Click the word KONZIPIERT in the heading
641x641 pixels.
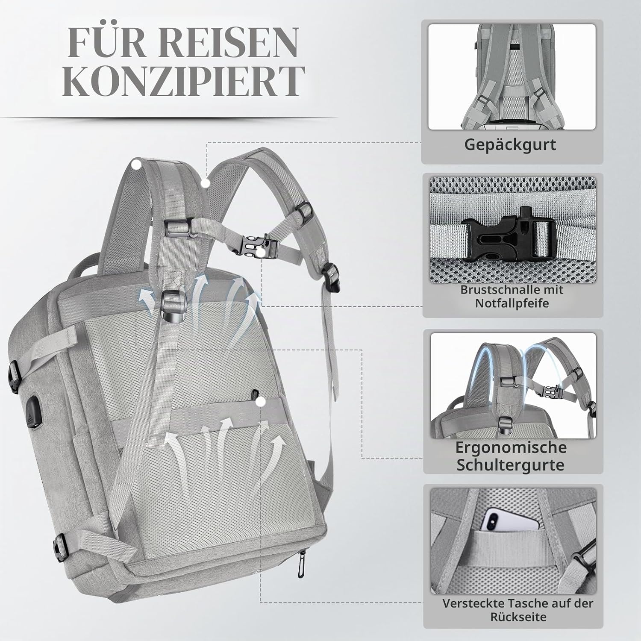pyautogui.click(x=184, y=81)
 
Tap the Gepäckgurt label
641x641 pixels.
pyautogui.click(x=510, y=144)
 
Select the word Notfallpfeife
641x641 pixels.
pyautogui.click(x=512, y=303)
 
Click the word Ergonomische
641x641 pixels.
pyautogui.click(x=511, y=447)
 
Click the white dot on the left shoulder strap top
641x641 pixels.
pyautogui.click(x=137, y=165)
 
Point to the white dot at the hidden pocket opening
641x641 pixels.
pyautogui.click(x=260, y=402)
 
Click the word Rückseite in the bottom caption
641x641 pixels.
pyautogui.click(x=518, y=617)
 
